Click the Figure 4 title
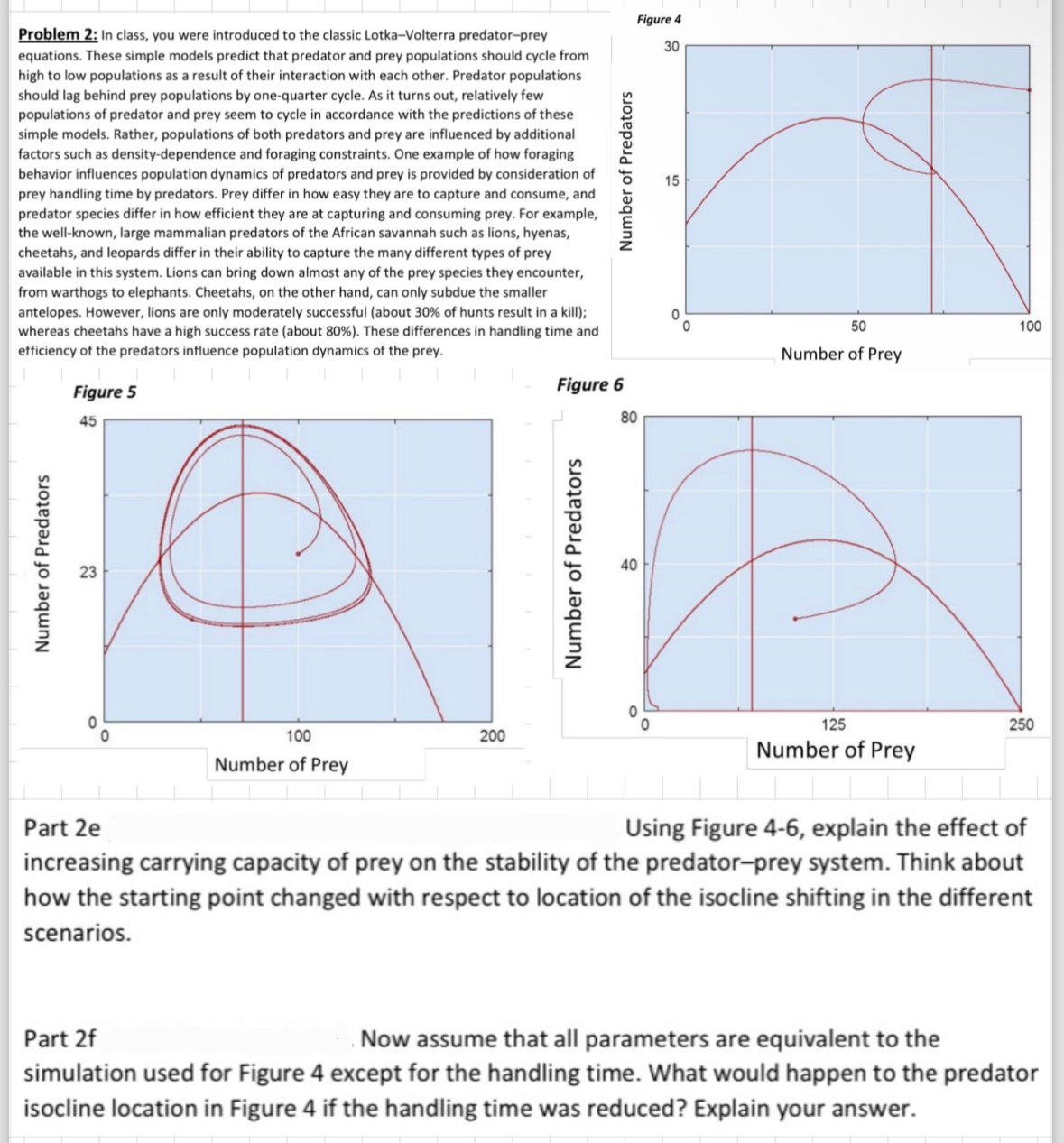click(x=659, y=19)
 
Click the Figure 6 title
click(x=589, y=385)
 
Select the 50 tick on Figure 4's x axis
click(x=858, y=326)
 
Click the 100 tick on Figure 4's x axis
click(x=1030, y=326)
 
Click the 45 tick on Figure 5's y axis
click(x=88, y=421)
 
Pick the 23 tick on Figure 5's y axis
click(x=88, y=571)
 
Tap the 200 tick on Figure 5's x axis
click(x=492, y=736)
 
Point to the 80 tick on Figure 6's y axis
click(x=629, y=418)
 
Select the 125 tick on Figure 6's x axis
click(x=833, y=724)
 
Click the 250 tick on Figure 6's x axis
click(x=1022, y=724)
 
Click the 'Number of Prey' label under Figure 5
click(x=281, y=765)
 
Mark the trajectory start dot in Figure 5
click(x=297, y=553)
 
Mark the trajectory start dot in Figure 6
click(x=794, y=619)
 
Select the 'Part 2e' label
click(x=61, y=827)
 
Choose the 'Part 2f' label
click(x=60, y=1038)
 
